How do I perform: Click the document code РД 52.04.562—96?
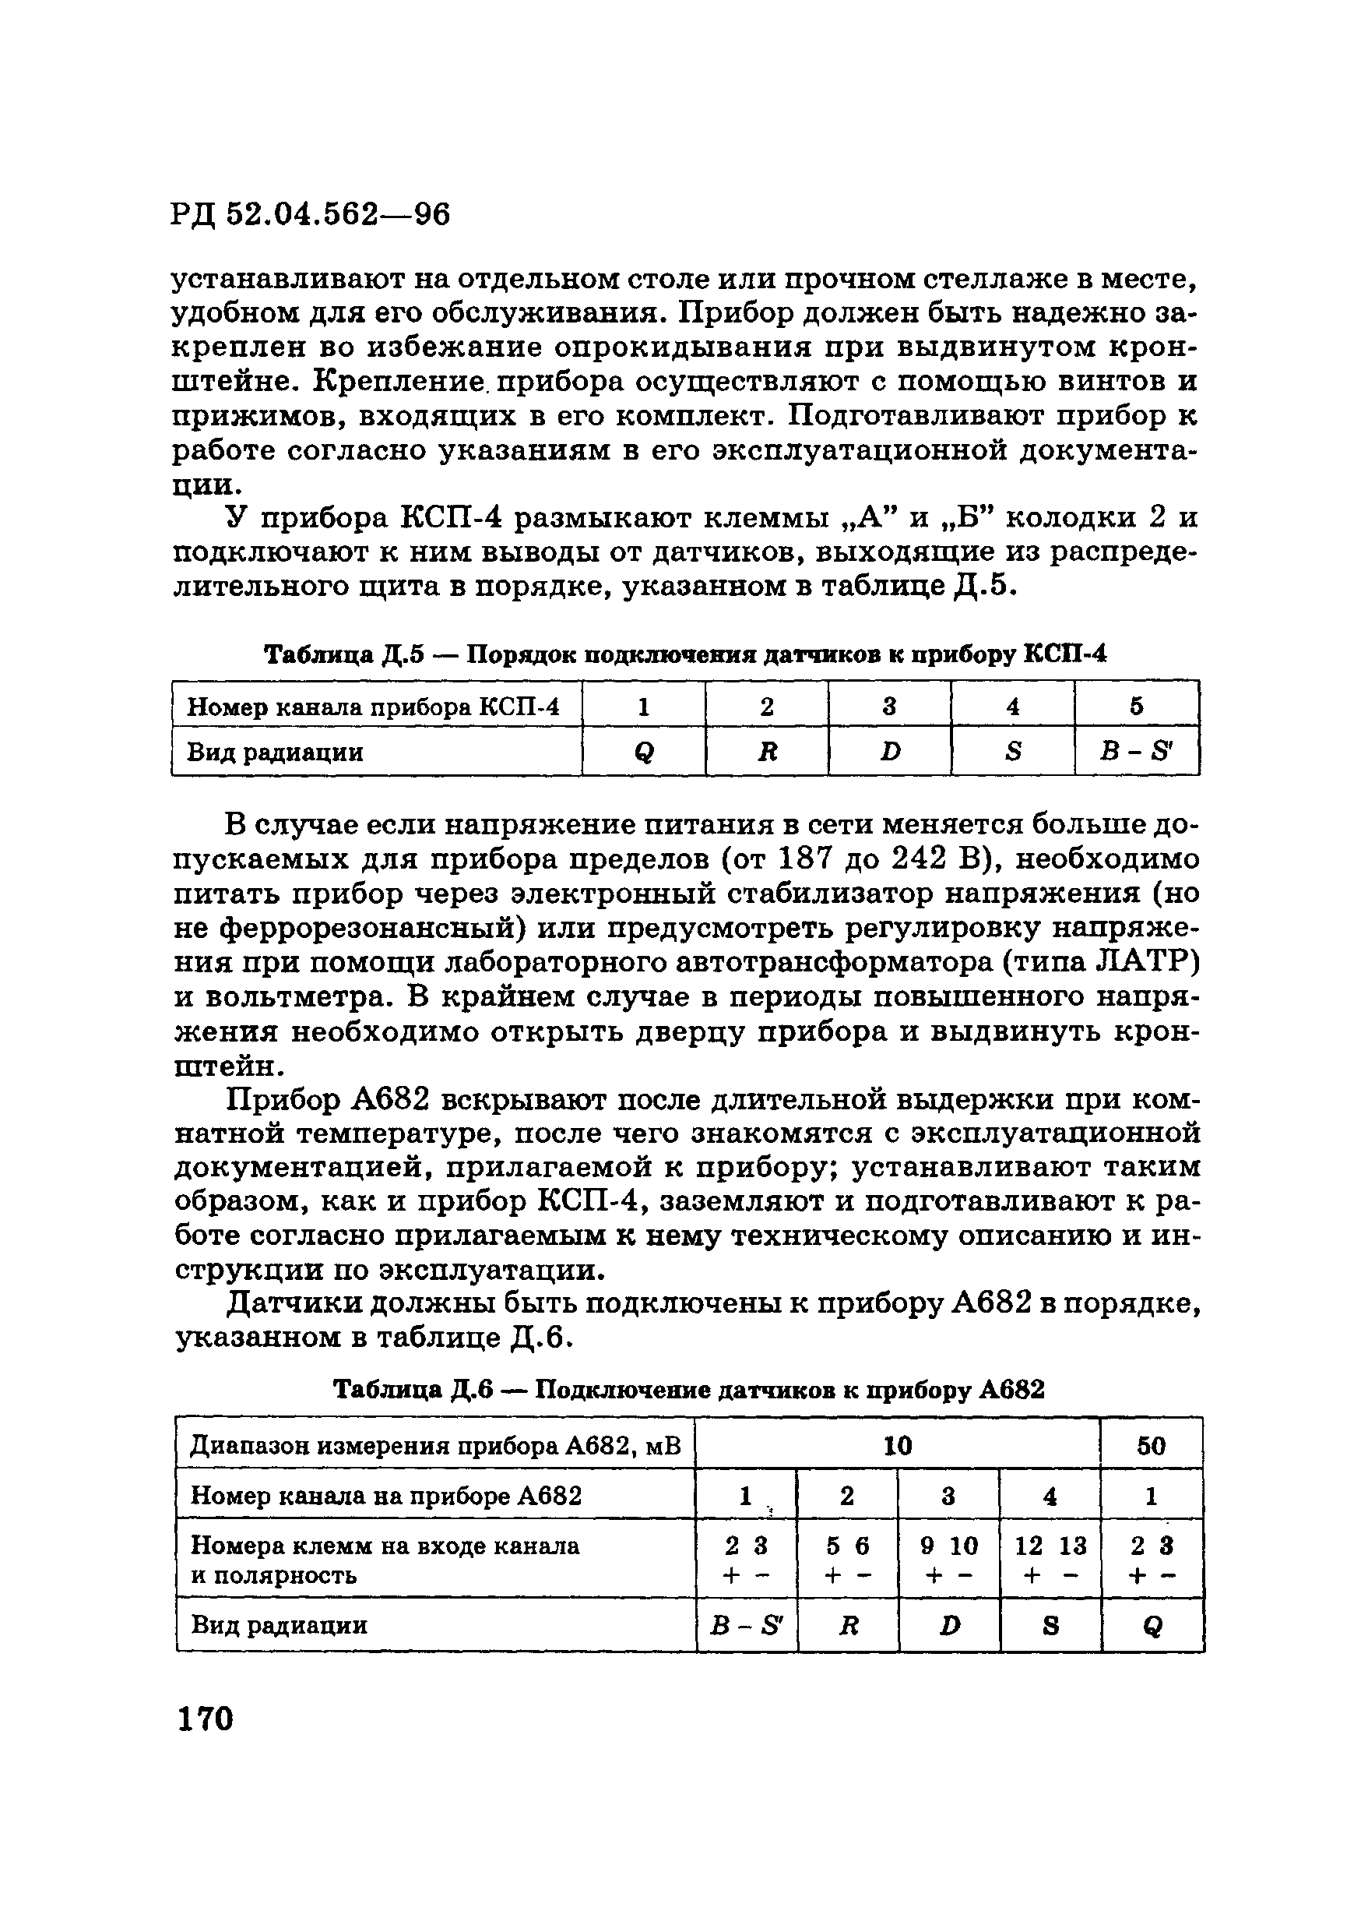pyautogui.click(x=311, y=214)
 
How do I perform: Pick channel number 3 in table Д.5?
pyautogui.click(x=889, y=706)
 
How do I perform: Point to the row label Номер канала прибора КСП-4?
pyautogui.click(x=373, y=706)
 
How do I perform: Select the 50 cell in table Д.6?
pyautogui.click(x=1151, y=1446)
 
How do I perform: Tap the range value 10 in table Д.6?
pyautogui.click(x=898, y=1446)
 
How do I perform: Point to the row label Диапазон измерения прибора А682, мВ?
pyautogui.click(x=435, y=1446)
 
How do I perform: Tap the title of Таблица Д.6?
pyautogui.click(x=689, y=1389)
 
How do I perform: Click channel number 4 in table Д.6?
pyautogui.click(x=1049, y=1495)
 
